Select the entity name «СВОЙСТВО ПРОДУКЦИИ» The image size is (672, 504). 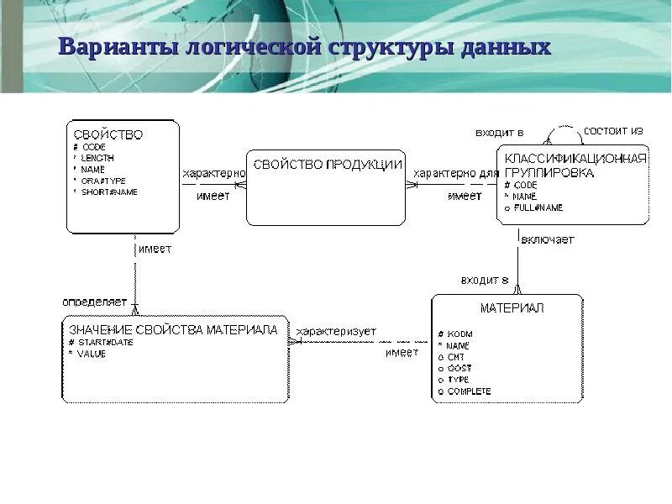pos(328,165)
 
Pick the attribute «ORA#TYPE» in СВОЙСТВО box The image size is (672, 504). pos(103,181)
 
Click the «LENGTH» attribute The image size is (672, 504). pos(98,158)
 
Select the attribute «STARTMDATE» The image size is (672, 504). pos(105,343)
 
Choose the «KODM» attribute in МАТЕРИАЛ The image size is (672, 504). pos(459,334)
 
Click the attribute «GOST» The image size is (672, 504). pos(459,369)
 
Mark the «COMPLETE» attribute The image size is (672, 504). pos(469,391)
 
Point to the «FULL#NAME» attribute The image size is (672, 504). pos(538,207)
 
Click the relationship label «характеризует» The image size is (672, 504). pos(336,332)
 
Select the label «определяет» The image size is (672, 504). pos(94,301)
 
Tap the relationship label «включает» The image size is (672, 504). pos(548,239)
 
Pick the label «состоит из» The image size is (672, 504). pos(613,131)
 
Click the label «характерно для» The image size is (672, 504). pos(456,173)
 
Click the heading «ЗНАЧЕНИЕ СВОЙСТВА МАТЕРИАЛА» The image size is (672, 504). pos(174,330)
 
